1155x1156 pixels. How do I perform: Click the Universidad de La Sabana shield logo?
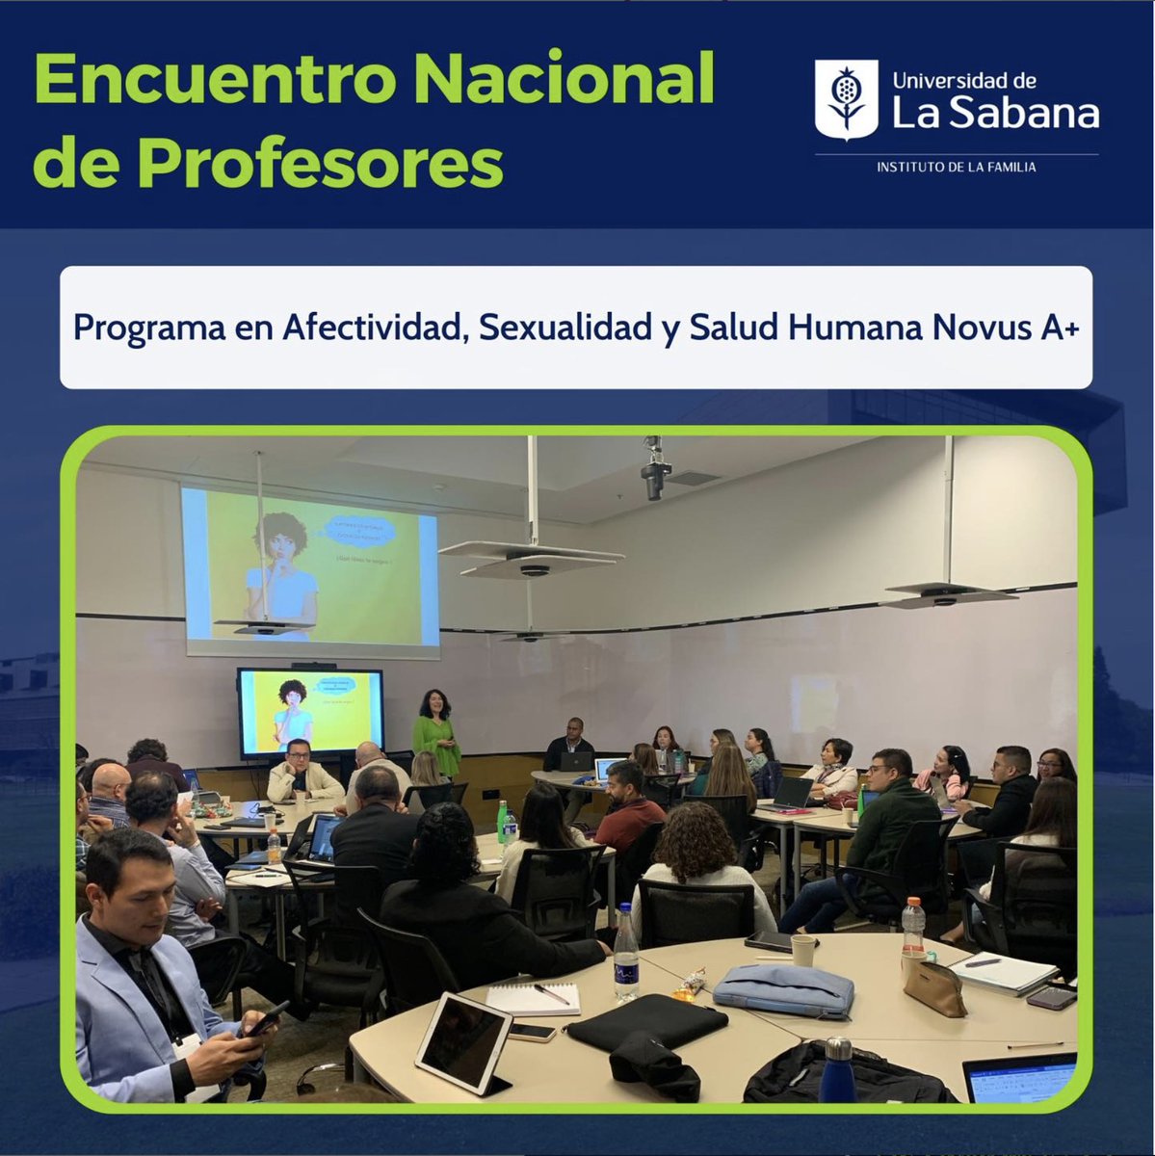point(846,99)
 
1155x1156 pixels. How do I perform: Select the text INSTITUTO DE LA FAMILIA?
point(956,168)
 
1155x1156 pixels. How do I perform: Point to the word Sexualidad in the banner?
point(564,328)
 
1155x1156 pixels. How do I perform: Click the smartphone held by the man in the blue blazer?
point(265,1018)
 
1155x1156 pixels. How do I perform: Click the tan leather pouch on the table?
point(934,986)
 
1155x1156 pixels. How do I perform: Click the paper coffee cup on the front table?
point(803,950)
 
